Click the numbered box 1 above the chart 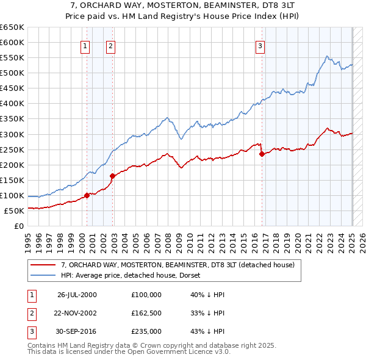pyautogui.click(x=84, y=45)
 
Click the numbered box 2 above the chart pyautogui.click(x=110, y=45)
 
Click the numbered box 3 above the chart pyautogui.click(x=260, y=45)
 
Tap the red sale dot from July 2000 pyautogui.click(x=87, y=195)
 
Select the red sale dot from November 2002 pyautogui.click(x=113, y=176)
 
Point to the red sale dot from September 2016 pyautogui.click(x=262, y=154)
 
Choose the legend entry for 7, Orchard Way pyautogui.click(x=178, y=265)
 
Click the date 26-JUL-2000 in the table pyautogui.click(x=77, y=295)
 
